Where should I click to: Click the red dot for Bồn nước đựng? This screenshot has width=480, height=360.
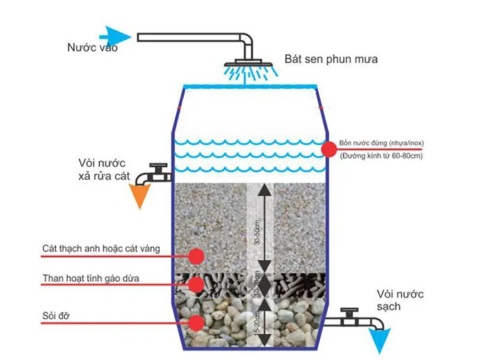(x=328, y=148)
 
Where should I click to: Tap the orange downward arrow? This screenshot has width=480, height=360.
(x=141, y=195)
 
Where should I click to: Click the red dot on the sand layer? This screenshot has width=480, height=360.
(x=197, y=256)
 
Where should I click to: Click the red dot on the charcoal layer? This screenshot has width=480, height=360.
(x=197, y=283)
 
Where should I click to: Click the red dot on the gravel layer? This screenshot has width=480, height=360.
(x=197, y=322)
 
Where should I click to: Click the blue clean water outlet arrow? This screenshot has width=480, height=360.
(x=376, y=339)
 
